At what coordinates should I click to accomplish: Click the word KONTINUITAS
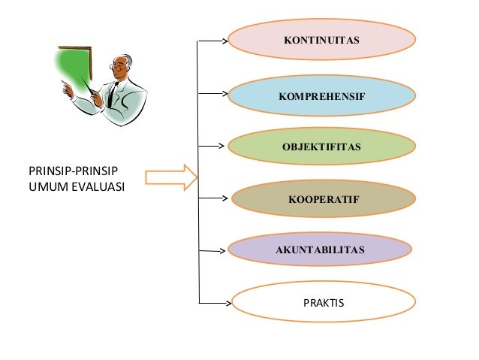pos(321,40)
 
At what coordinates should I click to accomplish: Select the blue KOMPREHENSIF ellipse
pos(321,95)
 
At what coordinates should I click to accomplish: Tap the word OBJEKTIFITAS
pos(321,147)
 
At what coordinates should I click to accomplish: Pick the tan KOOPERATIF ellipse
pos(324,198)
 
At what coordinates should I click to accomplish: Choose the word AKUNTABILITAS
pos(320,250)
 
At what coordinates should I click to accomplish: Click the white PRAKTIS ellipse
pos(324,302)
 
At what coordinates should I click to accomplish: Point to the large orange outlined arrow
pos(171,177)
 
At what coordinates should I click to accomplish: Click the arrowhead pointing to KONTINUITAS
pos(225,41)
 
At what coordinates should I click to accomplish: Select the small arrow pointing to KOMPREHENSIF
pos(213,94)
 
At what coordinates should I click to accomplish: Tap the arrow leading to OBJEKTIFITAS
pos(212,147)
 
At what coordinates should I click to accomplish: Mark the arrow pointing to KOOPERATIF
pos(213,198)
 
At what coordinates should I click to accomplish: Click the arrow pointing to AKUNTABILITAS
pos(212,251)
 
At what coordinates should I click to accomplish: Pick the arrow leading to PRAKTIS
pos(215,303)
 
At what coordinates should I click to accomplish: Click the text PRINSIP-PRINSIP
pos(73,171)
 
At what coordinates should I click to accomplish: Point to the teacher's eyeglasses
pos(116,67)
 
